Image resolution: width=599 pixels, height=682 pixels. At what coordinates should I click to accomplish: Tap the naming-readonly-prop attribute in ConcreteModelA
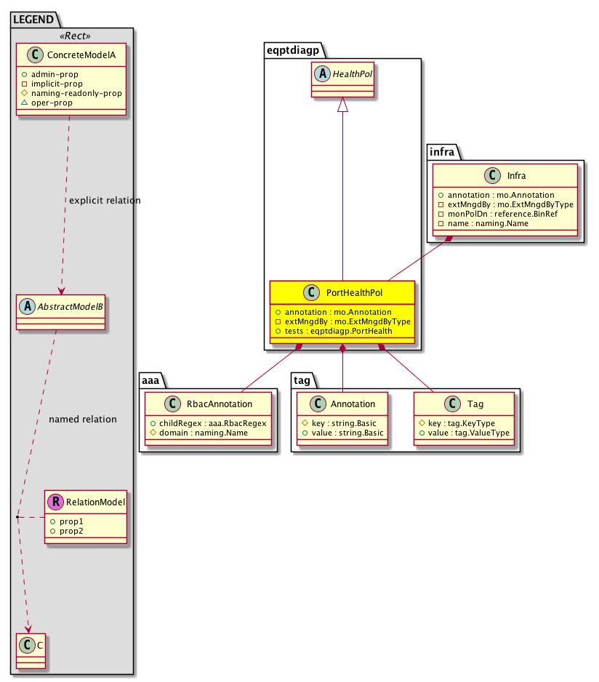point(81,93)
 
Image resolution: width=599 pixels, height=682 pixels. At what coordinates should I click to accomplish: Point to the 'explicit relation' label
point(104,200)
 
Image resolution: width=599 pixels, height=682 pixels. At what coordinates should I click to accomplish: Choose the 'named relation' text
point(82,420)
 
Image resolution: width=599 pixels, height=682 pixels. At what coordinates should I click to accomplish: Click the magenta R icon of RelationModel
point(55,501)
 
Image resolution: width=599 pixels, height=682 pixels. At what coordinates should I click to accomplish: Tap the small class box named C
point(29,651)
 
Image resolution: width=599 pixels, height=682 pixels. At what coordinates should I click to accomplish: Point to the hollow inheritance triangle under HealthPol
point(342,106)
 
